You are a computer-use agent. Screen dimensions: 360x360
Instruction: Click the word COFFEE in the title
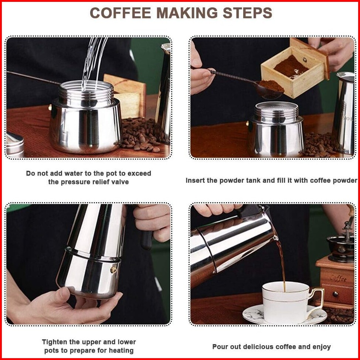(120, 13)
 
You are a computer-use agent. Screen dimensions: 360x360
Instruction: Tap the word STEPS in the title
(248, 13)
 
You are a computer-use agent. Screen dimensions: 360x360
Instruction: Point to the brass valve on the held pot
(113, 270)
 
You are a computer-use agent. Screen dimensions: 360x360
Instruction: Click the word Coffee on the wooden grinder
(338, 278)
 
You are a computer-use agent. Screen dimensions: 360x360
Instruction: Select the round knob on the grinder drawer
(336, 294)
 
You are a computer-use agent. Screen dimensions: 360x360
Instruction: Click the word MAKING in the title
(187, 13)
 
